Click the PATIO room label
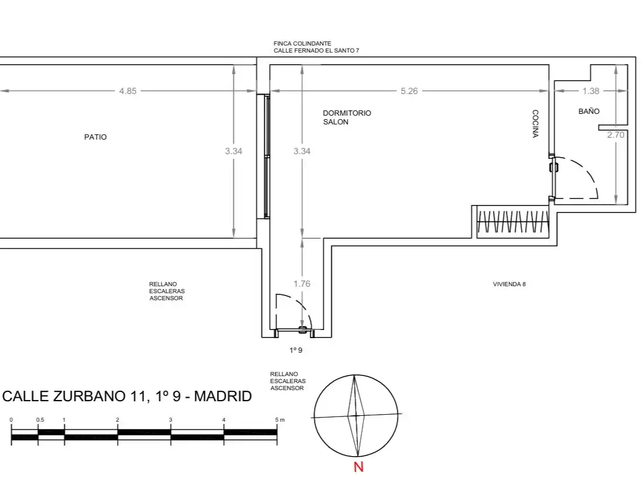coord(95,137)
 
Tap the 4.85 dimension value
coord(128,91)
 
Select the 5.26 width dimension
coord(409,91)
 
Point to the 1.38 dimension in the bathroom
coord(590,91)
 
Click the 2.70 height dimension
coord(616,135)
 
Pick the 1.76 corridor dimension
coord(302,284)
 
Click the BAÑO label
coord(589,111)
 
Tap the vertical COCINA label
coord(535,123)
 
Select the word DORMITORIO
coord(347,113)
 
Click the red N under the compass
coord(358,467)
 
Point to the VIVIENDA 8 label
coord(509,284)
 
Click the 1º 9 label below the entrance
coord(296,350)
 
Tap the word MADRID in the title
coord(223,396)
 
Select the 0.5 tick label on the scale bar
coord(40,420)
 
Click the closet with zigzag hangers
coord(513,221)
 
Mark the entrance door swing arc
coord(302,305)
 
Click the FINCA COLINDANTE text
coord(302,43)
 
